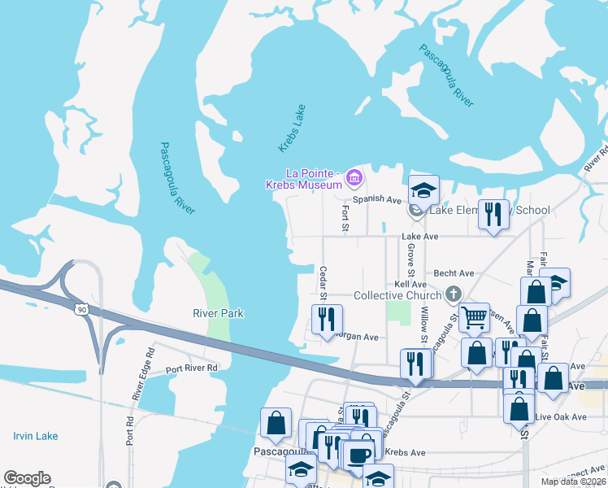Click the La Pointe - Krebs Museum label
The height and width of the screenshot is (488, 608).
click(x=303, y=179)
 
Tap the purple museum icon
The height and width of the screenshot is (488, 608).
click(x=353, y=176)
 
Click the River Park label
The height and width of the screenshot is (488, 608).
click(x=218, y=313)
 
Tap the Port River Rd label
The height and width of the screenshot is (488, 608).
click(x=192, y=368)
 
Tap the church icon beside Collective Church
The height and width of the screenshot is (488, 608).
click(x=455, y=294)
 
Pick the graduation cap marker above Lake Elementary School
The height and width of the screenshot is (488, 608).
click(x=423, y=190)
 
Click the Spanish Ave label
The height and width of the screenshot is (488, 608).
click(x=377, y=199)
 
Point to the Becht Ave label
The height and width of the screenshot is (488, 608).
click(x=454, y=274)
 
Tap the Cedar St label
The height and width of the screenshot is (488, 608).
click(x=323, y=281)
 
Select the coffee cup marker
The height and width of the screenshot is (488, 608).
click(x=358, y=456)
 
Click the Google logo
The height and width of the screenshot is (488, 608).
click(x=27, y=479)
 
